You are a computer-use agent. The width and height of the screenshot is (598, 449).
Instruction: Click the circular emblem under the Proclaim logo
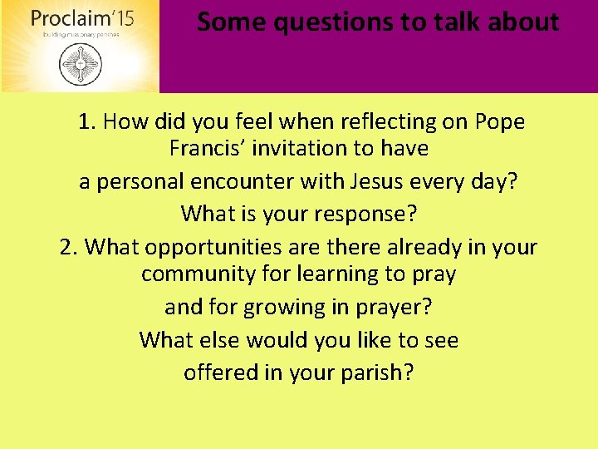point(79,64)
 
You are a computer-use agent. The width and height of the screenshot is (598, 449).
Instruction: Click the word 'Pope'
point(500,122)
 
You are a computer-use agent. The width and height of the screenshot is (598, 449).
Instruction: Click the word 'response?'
point(365,214)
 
